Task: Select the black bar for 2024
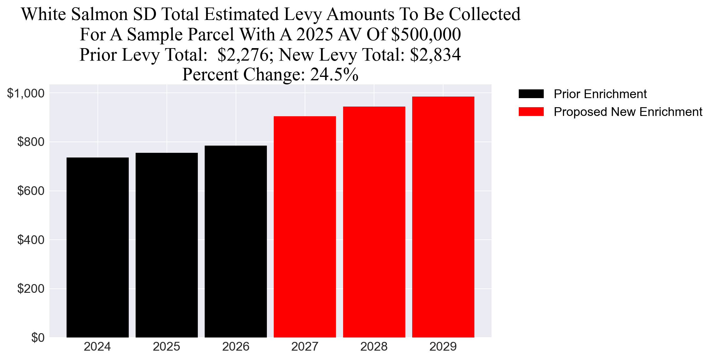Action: (97, 247)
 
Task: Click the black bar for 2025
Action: (167, 245)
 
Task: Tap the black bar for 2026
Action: (236, 241)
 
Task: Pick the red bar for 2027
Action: (305, 227)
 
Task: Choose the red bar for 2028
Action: (374, 222)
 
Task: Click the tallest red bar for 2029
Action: (443, 217)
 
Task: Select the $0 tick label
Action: (38, 338)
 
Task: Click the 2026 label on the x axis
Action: (236, 347)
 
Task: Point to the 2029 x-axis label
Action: (443, 347)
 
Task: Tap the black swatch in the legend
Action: (531, 94)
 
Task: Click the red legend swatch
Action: (531, 112)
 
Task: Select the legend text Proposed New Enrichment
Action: (628, 112)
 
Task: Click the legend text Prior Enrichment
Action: (600, 94)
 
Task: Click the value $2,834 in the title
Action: (435, 55)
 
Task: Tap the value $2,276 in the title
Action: (243, 55)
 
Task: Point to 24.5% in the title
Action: (334, 75)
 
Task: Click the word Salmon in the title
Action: (99, 14)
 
